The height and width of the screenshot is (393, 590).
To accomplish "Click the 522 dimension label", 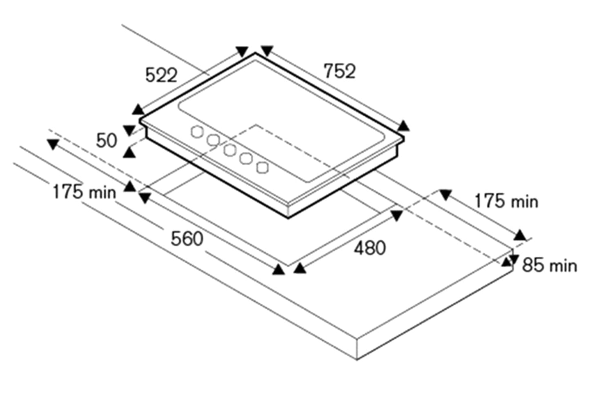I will click(161, 75).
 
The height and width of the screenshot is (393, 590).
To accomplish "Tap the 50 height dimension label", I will click(107, 141).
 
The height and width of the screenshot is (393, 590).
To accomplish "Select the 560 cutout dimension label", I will click(187, 239).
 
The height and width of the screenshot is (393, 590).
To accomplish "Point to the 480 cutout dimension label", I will click(370, 248).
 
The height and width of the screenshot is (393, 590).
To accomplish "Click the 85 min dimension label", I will click(549, 266).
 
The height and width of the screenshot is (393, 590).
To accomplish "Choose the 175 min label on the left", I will click(85, 192).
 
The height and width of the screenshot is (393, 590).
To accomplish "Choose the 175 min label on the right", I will click(506, 201).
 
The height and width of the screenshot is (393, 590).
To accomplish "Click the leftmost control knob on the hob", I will click(197, 131).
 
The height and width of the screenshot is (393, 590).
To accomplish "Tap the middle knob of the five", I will click(230, 150).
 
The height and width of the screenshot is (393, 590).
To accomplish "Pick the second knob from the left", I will click(213, 140).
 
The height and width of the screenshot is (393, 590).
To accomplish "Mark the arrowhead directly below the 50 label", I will click(129, 153).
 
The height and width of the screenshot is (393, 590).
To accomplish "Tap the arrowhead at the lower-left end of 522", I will click(138, 109).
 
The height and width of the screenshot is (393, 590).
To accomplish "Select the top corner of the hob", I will click(256, 53).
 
